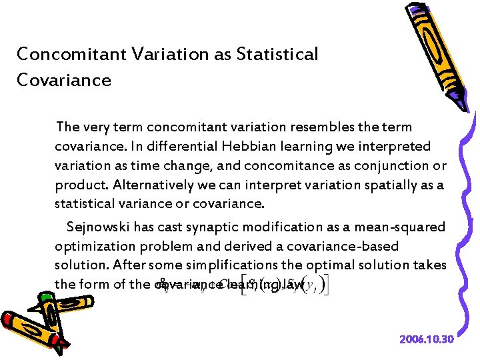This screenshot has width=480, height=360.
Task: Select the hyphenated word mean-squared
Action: [403, 227]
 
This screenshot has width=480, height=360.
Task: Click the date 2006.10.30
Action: [427, 340]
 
